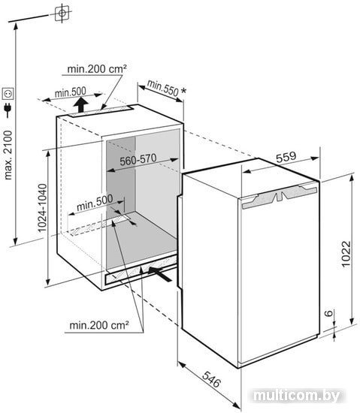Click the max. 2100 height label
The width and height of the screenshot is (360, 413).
[x=8, y=155]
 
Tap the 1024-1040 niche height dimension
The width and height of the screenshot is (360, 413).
[x=42, y=208]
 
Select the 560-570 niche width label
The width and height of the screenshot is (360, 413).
[x=138, y=159]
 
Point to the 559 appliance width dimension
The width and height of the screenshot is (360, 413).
[x=286, y=157]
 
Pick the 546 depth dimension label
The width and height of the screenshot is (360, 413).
[x=211, y=379]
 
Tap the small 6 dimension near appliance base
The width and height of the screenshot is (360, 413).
[x=328, y=313]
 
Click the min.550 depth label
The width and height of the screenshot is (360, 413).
[x=162, y=87]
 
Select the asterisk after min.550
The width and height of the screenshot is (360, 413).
[x=183, y=91]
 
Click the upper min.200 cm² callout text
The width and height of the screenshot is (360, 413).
[x=97, y=69]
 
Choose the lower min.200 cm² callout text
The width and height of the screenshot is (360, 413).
[x=99, y=325]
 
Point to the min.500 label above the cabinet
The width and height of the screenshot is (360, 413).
[x=71, y=92]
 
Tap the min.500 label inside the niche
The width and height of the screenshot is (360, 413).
[x=95, y=203]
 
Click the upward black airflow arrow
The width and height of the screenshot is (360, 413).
[x=81, y=104]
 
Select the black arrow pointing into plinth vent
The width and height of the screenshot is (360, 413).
[x=159, y=273]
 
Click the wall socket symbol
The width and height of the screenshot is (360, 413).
[x=8, y=94]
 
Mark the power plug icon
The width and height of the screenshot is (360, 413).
[x=8, y=110]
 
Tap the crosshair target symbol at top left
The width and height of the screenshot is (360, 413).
[x=62, y=13]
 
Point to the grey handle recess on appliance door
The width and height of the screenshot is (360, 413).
[x=280, y=196]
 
